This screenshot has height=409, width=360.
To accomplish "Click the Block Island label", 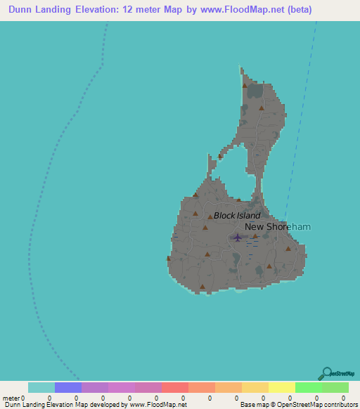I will point(237,216).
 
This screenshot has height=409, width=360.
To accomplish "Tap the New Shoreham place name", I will point(277,227).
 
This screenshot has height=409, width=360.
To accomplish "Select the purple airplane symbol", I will point(237,237).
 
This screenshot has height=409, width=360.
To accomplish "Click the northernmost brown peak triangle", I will point(245,86).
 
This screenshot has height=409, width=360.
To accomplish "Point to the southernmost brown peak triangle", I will point(202,286).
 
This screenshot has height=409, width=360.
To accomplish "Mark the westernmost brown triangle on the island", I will point(169,258).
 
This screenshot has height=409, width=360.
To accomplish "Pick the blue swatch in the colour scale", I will point(68,387).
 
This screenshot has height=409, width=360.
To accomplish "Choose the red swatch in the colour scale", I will point(175,387).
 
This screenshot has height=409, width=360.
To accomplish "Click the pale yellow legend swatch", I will point(282,387).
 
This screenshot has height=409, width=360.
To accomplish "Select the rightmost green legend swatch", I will point(335,387).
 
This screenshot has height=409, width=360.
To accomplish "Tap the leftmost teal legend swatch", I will point(41,387).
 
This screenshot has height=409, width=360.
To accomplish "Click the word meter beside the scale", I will point(11,398).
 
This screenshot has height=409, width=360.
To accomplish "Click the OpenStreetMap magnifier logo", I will point(326,373).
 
